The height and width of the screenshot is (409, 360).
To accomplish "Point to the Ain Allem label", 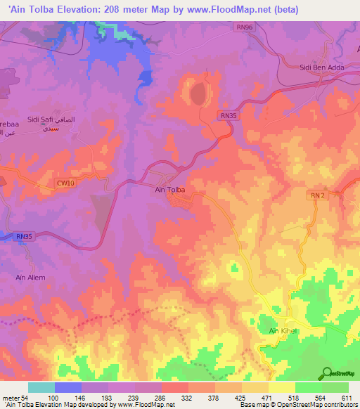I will pos(30,278).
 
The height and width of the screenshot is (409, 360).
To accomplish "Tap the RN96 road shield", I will pos(242,26).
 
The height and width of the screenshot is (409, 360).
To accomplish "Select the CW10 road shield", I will pos(65,183).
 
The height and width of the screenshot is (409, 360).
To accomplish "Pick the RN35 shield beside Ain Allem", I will pos(24,237).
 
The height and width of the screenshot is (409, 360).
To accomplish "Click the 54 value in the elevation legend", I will pos(25,398).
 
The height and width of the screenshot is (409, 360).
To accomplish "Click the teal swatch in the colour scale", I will pos(41,387).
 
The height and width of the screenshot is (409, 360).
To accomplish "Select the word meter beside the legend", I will pos(11,398).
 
